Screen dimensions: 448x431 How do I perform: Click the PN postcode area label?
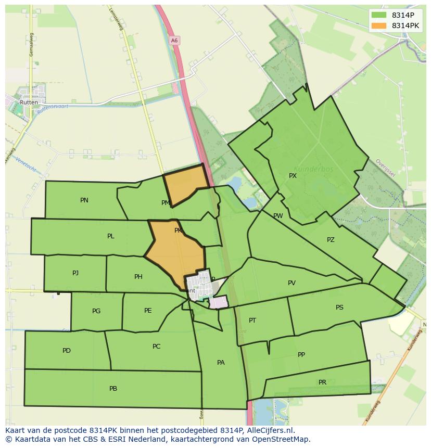(84, 200)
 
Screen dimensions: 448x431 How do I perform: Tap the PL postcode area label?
(111, 236)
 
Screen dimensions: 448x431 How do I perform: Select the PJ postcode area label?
(75, 273)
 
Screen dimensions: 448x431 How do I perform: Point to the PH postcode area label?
(138, 277)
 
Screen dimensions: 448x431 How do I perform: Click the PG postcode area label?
(96, 311)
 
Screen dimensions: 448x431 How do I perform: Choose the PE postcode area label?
(148, 311)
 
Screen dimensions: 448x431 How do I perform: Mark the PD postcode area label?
(67, 351)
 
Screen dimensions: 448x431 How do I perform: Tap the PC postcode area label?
(157, 347)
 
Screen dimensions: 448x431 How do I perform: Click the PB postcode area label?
(113, 389)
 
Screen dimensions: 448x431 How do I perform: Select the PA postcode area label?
(221, 363)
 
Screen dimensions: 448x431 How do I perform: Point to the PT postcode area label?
(252, 321)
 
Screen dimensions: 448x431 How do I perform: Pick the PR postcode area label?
(323, 382)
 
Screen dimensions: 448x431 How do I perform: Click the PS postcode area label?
(339, 308)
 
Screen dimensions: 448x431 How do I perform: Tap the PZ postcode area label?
(331, 240)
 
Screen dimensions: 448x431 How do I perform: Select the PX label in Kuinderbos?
(293, 176)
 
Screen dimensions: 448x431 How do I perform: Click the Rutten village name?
(29, 103)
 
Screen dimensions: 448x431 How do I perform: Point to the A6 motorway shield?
(174, 40)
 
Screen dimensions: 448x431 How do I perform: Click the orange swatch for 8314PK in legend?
(379, 25)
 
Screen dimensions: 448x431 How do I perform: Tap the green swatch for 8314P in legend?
(379, 15)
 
